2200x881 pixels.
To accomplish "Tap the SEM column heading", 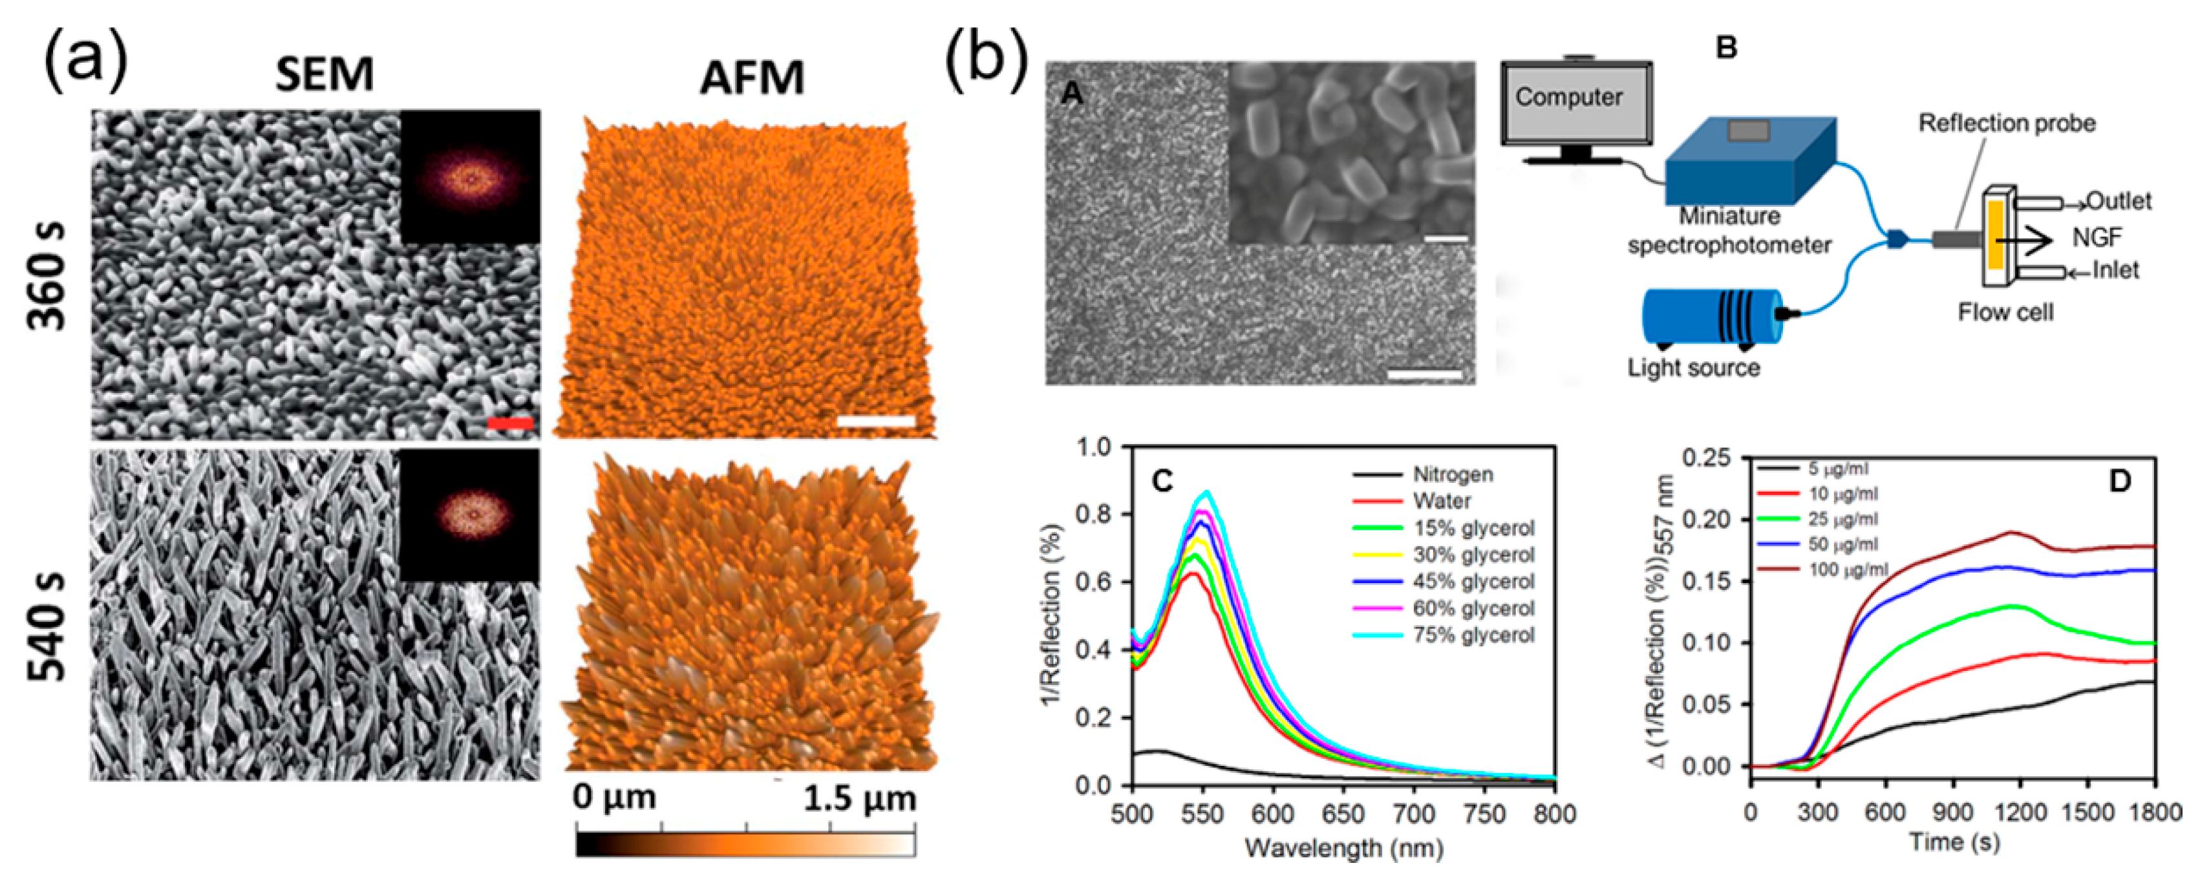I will (325, 75).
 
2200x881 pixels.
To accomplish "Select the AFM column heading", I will (752, 78).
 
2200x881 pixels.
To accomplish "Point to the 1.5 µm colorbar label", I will (859, 798).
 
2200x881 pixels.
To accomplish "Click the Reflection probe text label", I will (2006, 124).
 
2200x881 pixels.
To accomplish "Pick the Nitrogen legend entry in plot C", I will (1453, 474).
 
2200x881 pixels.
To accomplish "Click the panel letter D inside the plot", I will (2120, 482).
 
